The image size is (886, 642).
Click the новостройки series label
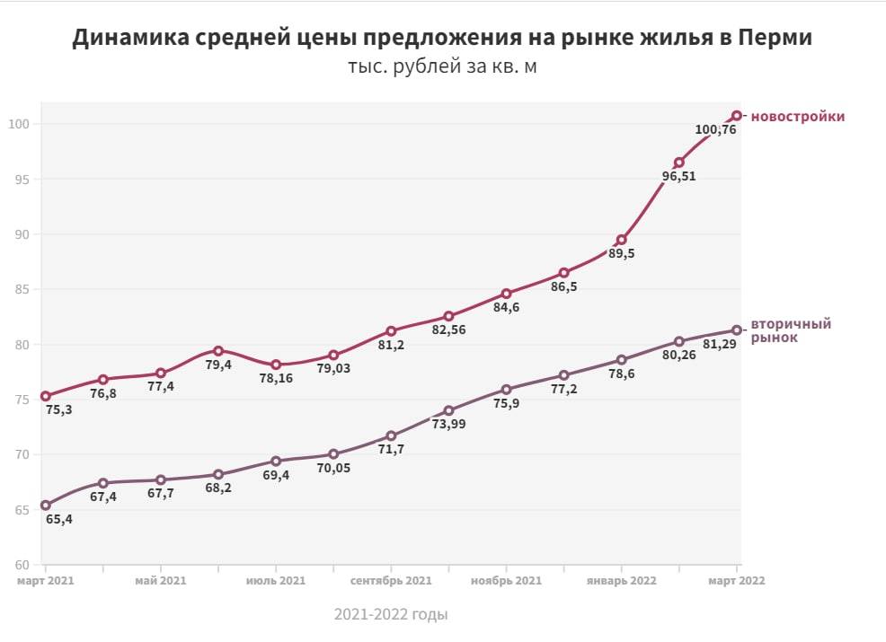pyautogui.click(x=797, y=117)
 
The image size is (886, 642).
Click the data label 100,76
pyautogui.click(x=716, y=130)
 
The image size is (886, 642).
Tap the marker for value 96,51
pyautogui.click(x=679, y=163)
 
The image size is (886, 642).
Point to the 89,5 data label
pyautogui.click(x=620, y=254)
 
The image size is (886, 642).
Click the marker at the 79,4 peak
pyautogui.click(x=218, y=350)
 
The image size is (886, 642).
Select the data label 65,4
pyautogui.click(x=58, y=519)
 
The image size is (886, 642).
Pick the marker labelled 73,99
pyautogui.click(x=448, y=410)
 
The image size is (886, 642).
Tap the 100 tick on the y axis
pyautogui.click(x=19, y=124)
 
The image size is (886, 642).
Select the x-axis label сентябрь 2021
pyautogui.click(x=391, y=581)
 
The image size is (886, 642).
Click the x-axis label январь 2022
pyautogui.click(x=621, y=581)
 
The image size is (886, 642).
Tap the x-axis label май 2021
pyautogui.click(x=161, y=581)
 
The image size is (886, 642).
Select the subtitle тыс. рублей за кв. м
pyautogui.click(x=442, y=68)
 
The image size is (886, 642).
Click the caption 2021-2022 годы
pyautogui.click(x=390, y=615)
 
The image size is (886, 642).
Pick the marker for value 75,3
pyautogui.click(x=46, y=396)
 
